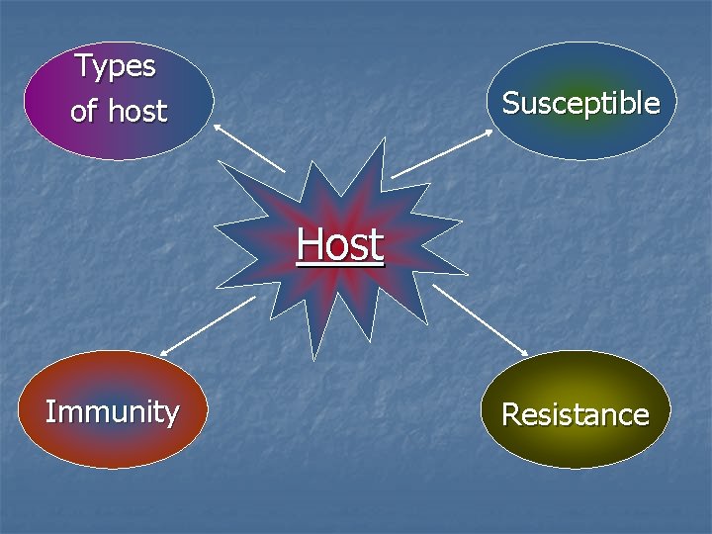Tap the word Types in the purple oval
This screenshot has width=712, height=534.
(116, 66)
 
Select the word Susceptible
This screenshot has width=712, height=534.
(580, 103)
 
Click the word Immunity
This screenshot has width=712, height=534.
(112, 411)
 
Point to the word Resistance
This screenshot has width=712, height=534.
(575, 414)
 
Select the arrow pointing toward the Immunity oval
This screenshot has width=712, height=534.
(208, 325)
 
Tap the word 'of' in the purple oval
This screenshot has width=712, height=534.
(84, 111)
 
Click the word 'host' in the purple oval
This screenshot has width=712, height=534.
(137, 111)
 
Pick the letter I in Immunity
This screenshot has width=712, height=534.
(50, 411)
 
